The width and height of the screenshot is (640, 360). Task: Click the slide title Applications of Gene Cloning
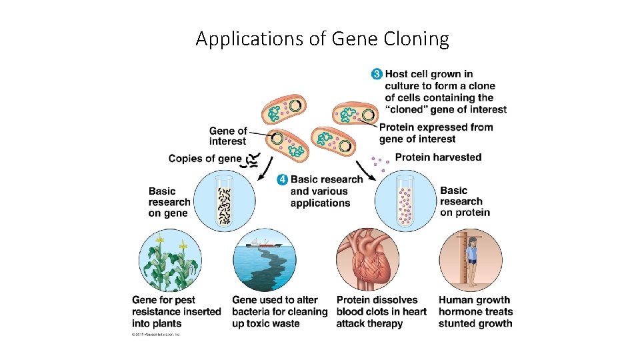click(x=322, y=39)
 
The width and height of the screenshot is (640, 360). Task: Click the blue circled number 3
click(x=377, y=74)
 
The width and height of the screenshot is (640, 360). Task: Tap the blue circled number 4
click(x=283, y=179)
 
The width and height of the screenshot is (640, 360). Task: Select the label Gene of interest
click(x=228, y=136)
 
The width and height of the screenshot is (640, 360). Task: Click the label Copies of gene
click(x=205, y=159)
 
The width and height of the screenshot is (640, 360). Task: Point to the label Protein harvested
click(x=438, y=157)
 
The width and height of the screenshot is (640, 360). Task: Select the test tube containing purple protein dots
click(x=405, y=199)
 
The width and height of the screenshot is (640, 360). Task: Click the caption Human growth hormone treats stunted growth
click(x=475, y=312)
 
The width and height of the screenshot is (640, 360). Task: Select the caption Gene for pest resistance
click(x=176, y=312)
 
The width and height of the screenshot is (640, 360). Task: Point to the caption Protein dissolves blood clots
click(x=381, y=312)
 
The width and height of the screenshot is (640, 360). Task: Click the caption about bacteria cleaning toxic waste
click(x=279, y=312)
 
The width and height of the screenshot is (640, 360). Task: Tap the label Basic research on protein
click(x=465, y=201)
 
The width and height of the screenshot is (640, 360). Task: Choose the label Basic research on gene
click(x=169, y=202)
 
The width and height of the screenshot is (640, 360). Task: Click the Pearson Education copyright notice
click(x=155, y=335)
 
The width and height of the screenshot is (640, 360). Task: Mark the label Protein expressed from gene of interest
click(x=436, y=133)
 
